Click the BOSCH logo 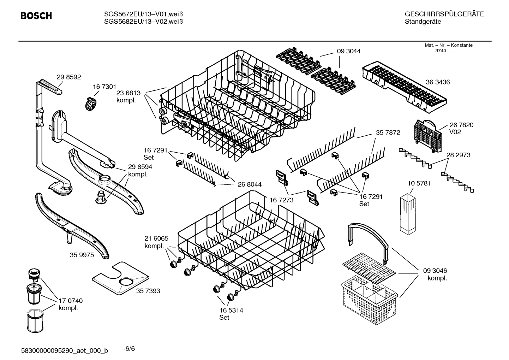coord(36,16)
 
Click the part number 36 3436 coord(438,82)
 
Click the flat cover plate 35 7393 coord(120,278)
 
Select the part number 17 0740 coord(70,301)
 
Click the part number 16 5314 coord(231,310)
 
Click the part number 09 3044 coord(349,51)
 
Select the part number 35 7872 coord(388,133)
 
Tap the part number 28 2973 coord(458,155)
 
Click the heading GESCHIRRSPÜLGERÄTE coord(444,14)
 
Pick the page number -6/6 coord(129,349)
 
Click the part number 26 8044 coord(250,184)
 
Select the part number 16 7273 coord(281,200)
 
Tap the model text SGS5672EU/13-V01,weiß coord(143,14)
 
